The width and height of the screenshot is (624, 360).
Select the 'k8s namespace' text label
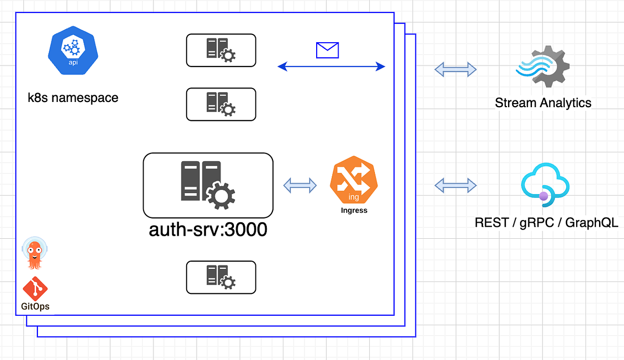click(x=73, y=97)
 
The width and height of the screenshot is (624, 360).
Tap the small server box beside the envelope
click(x=221, y=50)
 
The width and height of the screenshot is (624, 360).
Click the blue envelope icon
click(x=328, y=50)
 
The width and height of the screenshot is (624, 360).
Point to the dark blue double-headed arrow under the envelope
click(x=331, y=67)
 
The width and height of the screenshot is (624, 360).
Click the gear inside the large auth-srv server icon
click(x=220, y=195)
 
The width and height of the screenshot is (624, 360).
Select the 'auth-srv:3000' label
click(x=208, y=229)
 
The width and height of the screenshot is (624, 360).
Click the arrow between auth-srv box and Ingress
click(x=300, y=185)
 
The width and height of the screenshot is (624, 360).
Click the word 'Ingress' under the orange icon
click(x=354, y=211)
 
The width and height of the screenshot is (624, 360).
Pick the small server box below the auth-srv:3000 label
click(x=221, y=277)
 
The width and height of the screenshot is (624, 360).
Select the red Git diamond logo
click(x=35, y=288)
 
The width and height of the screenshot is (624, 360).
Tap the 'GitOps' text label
click(x=35, y=306)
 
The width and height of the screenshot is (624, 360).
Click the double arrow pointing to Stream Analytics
click(x=456, y=69)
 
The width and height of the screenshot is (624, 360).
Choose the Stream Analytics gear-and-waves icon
click(x=542, y=66)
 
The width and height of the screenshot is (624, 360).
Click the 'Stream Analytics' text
click(x=543, y=102)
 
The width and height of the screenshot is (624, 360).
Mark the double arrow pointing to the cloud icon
click(x=456, y=184)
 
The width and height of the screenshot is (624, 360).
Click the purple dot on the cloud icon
click(x=543, y=196)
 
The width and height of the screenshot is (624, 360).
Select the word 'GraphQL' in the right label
click(x=592, y=223)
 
